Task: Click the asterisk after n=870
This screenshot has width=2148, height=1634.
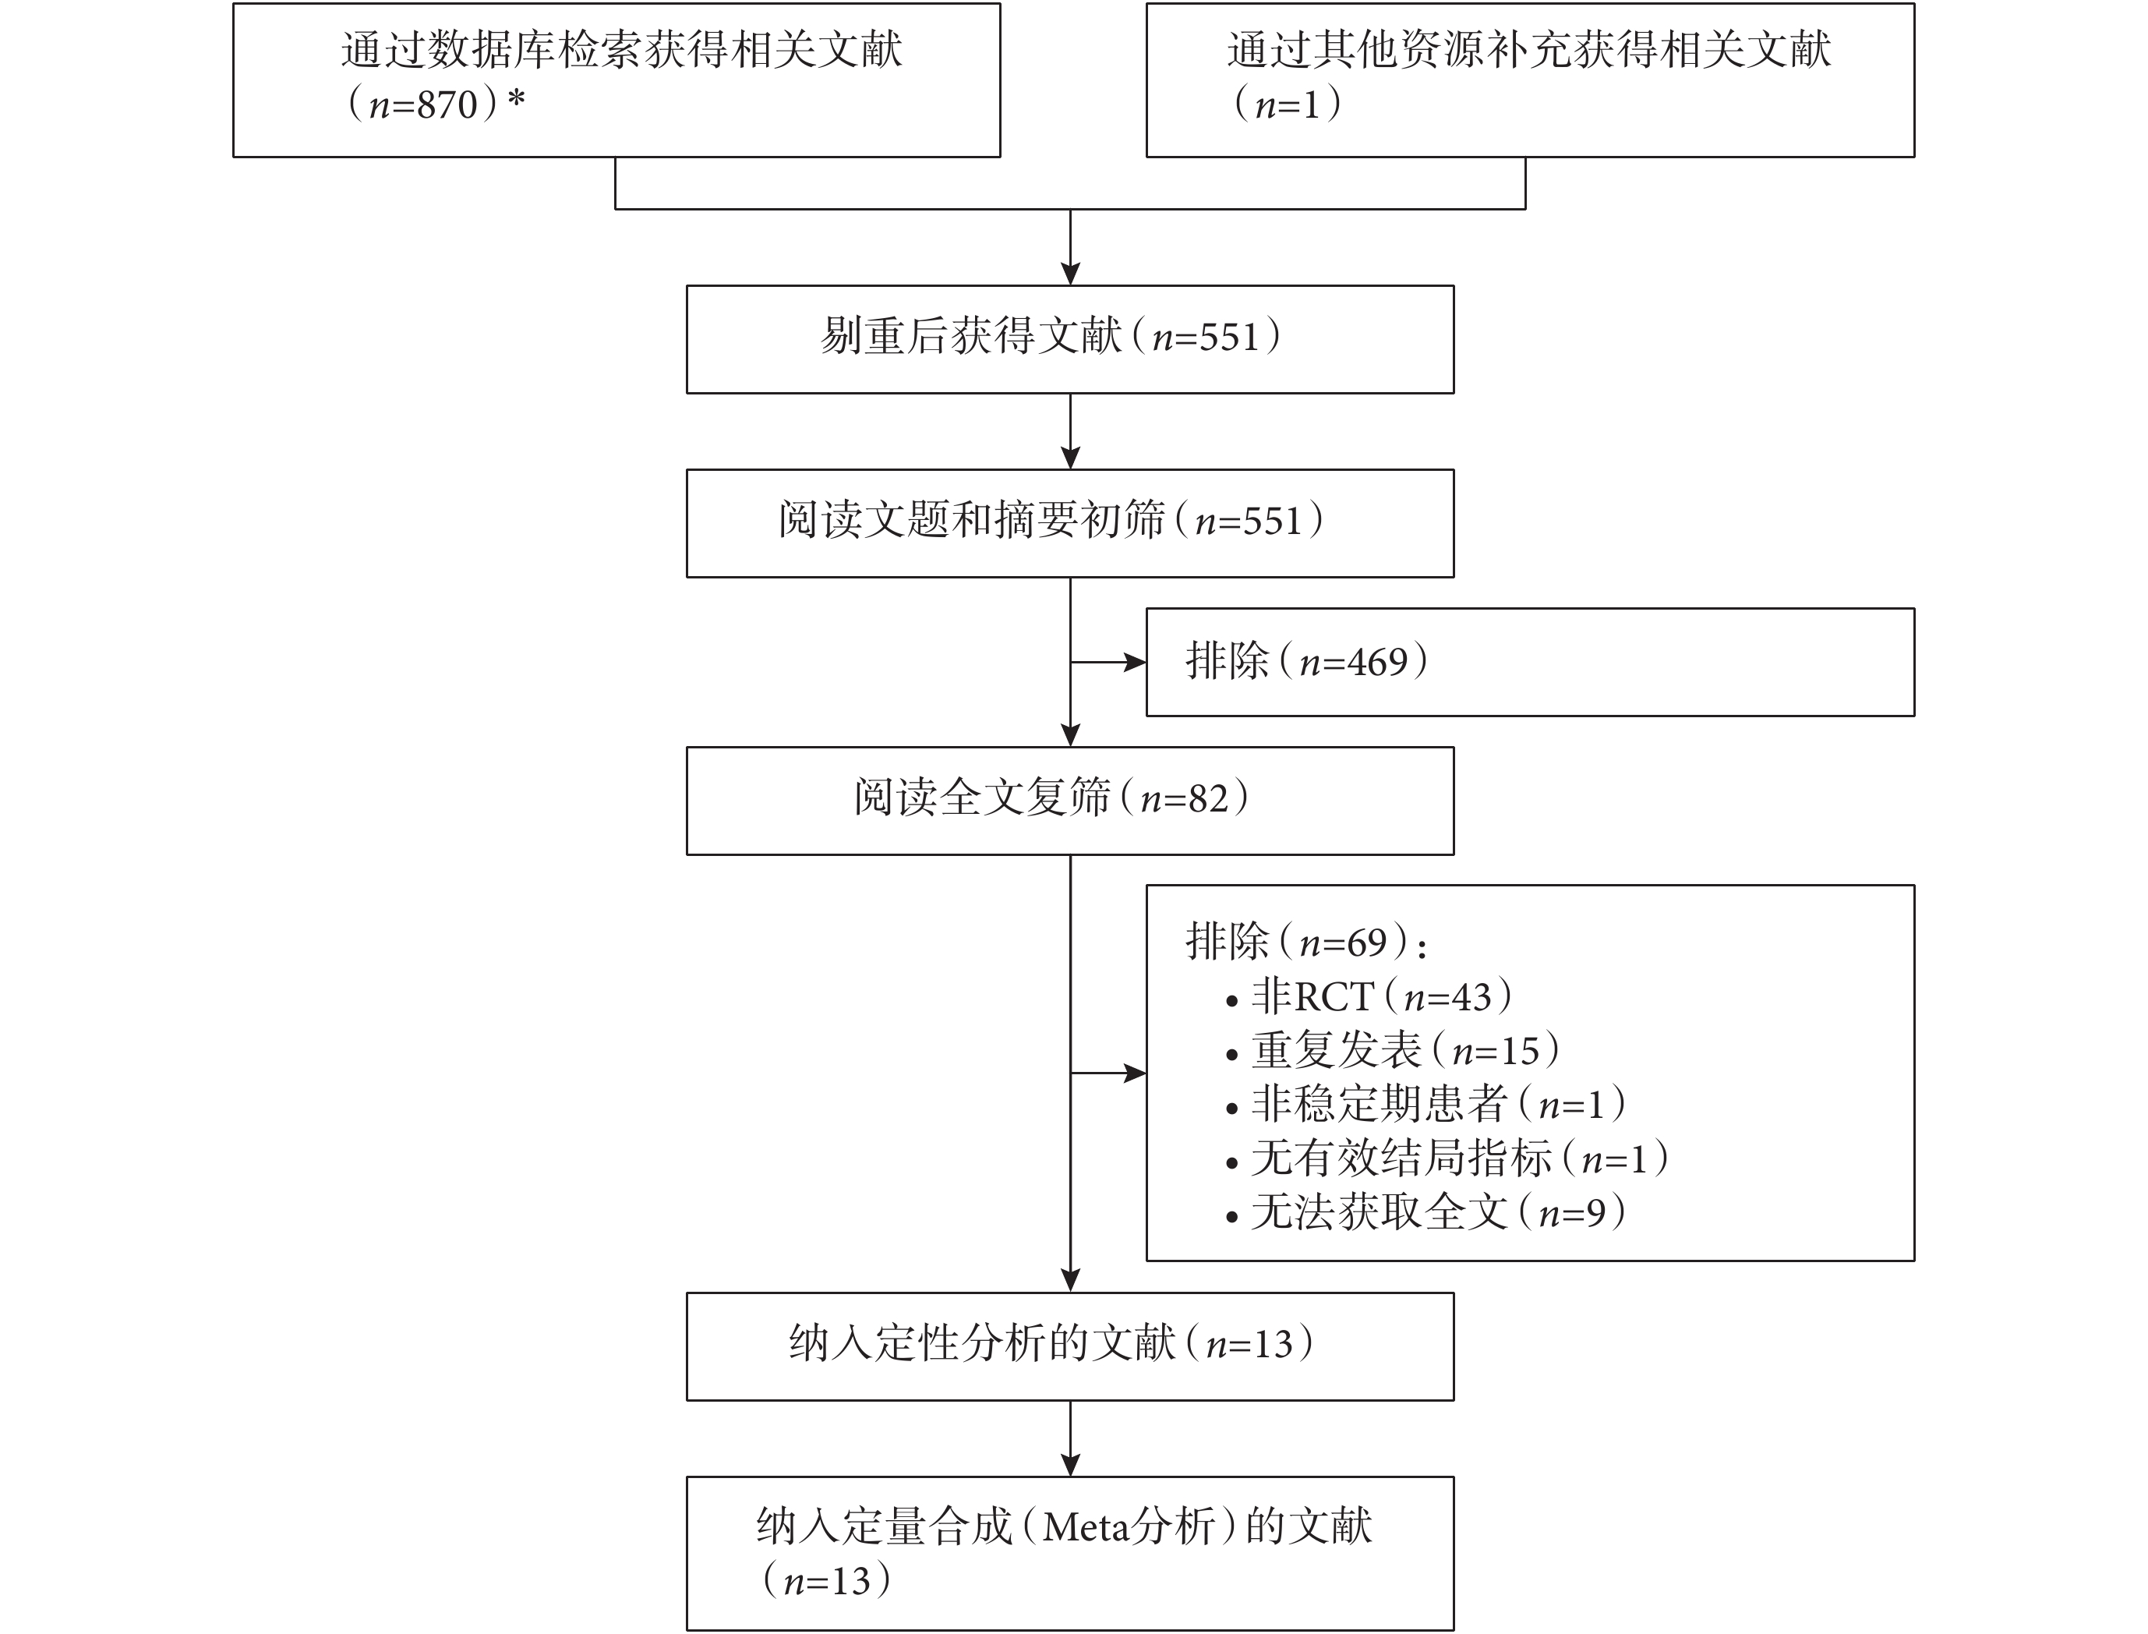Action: point(515,99)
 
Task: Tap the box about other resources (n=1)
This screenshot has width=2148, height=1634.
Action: point(1530,80)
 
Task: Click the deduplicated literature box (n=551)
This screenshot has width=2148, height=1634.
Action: point(1069,338)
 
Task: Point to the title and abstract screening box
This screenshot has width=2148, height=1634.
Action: point(1069,523)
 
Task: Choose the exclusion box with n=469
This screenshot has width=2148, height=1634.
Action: point(1530,663)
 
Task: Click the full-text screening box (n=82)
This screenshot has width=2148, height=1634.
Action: point(1069,801)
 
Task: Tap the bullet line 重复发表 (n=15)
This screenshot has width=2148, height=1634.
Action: point(1393,1050)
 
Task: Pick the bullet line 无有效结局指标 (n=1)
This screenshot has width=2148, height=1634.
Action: point(1447,1158)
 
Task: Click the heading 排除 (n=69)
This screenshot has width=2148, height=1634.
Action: point(1306,942)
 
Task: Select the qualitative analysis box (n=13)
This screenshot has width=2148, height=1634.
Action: point(1069,1346)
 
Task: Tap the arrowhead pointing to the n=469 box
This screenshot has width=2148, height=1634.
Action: point(1135,663)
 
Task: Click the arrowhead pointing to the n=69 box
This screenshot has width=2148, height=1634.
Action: point(1135,1073)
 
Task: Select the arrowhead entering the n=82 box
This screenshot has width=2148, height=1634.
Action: point(1071,735)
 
